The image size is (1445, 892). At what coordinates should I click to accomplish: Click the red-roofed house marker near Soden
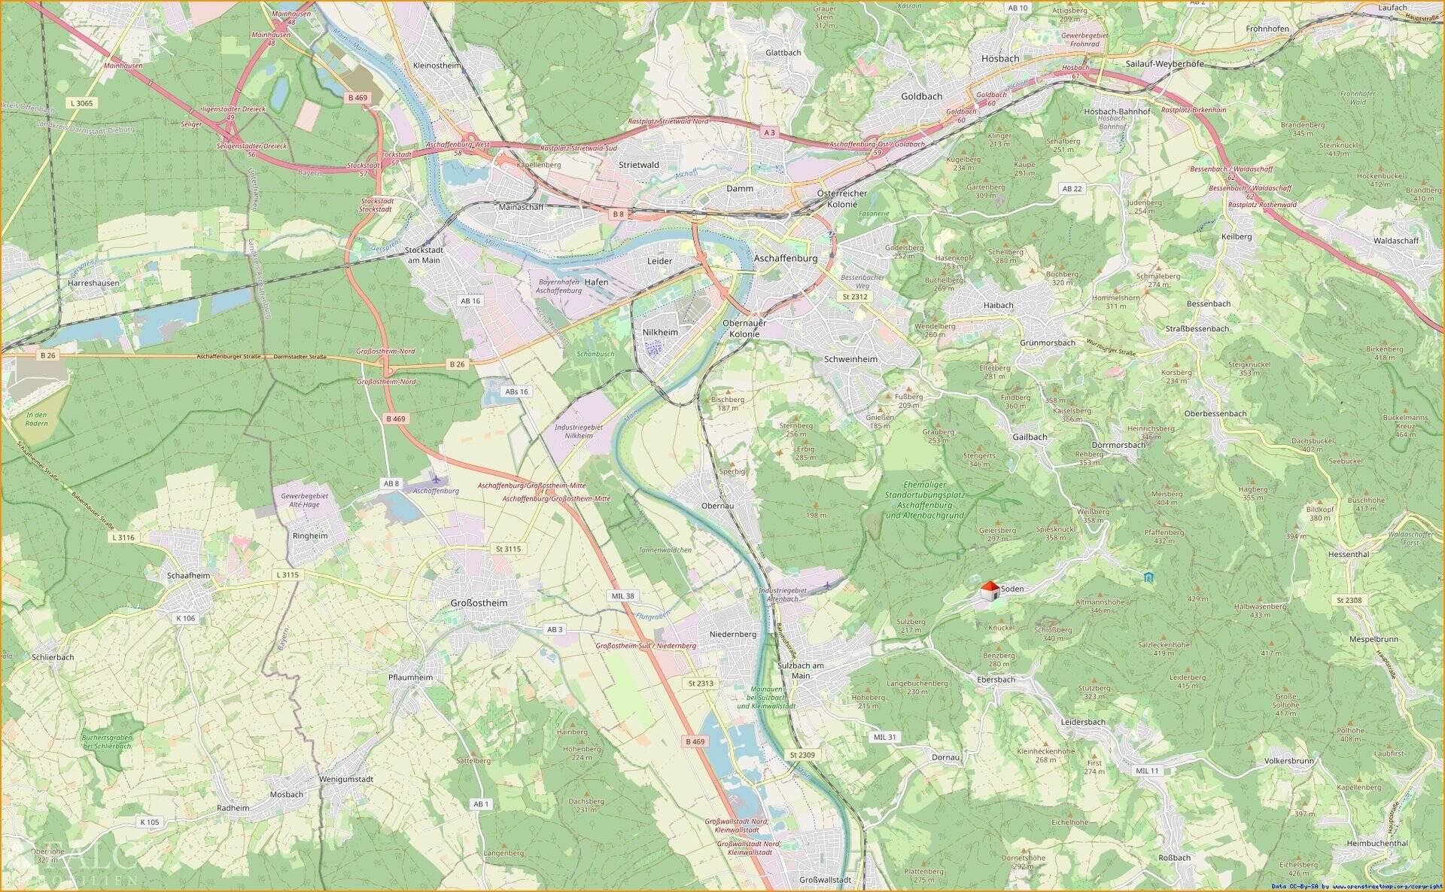click(990, 591)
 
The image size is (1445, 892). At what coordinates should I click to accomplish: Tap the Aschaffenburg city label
click(785, 258)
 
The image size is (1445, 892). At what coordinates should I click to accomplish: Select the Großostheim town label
click(479, 603)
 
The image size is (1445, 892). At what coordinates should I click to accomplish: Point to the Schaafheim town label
click(189, 575)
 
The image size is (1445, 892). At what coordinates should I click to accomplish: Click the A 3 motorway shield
click(769, 132)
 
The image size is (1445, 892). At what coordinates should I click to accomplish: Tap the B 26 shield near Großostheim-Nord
click(457, 364)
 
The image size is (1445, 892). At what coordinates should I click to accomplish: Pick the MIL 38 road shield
click(622, 595)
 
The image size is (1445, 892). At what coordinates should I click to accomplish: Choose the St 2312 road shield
click(855, 297)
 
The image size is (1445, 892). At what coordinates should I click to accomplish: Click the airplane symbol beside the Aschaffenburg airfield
click(437, 478)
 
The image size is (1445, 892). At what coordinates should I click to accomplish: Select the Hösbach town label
click(1000, 58)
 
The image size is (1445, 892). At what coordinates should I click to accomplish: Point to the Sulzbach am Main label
click(800, 671)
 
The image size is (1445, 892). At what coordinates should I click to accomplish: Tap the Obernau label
click(716, 506)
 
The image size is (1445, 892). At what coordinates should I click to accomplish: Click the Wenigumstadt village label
click(346, 779)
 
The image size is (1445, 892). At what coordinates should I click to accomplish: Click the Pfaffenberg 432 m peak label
click(1164, 536)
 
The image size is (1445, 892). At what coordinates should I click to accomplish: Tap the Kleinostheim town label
click(437, 65)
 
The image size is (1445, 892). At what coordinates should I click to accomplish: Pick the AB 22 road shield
click(1072, 188)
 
